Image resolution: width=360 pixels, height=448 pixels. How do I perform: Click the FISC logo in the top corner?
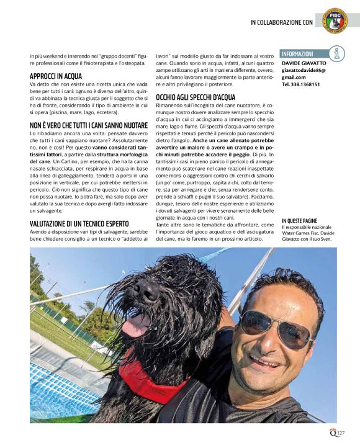(335, 20)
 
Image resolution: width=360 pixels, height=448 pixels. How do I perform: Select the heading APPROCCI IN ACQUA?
(56, 76)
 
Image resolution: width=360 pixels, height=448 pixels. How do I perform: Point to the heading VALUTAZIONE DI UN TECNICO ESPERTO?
(79, 223)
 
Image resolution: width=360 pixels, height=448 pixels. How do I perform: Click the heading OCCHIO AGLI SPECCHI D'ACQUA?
(196, 97)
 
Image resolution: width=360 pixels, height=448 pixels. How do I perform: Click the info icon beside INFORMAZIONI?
(336, 55)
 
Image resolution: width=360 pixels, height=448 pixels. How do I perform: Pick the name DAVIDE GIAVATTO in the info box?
(304, 63)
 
